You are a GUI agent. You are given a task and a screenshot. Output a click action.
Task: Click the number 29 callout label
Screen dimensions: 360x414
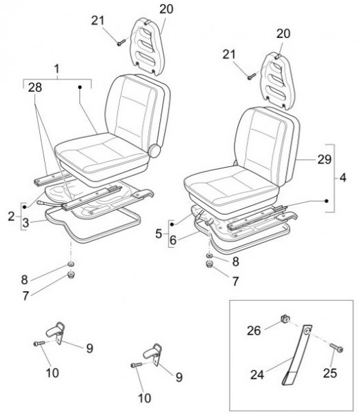click(x=324, y=159)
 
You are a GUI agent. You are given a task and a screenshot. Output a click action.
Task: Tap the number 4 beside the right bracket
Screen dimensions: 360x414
click(x=343, y=178)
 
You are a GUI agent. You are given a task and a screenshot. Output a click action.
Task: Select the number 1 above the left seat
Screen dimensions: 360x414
click(x=57, y=69)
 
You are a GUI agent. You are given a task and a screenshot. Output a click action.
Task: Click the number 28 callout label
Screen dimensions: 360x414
click(x=35, y=88)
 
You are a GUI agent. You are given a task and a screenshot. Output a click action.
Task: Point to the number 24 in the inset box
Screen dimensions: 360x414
click(x=257, y=375)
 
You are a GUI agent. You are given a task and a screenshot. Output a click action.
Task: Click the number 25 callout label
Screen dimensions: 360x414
click(x=330, y=373)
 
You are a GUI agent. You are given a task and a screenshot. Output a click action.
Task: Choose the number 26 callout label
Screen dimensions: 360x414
click(x=254, y=331)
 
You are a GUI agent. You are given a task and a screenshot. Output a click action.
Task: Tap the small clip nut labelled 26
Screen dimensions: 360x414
click(x=284, y=319)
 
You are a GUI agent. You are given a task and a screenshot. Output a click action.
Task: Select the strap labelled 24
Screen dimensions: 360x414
click(x=298, y=354)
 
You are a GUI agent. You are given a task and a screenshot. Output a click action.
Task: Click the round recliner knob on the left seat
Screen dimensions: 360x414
click(x=154, y=151)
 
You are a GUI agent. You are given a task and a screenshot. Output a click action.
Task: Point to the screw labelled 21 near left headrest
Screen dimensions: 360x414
click(x=121, y=43)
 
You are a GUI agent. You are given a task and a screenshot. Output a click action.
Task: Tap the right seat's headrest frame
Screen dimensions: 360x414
click(x=277, y=81)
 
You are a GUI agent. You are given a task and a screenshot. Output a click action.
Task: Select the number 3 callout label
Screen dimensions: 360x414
click(x=26, y=223)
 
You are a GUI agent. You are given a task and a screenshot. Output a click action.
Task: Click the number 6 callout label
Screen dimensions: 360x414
click(x=173, y=240)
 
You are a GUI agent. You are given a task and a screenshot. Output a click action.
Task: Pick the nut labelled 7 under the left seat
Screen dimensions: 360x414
click(x=71, y=275)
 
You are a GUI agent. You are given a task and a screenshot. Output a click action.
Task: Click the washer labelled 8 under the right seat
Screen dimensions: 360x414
click(x=210, y=256)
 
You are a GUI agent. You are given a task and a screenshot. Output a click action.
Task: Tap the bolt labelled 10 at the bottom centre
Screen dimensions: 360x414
click(x=137, y=365)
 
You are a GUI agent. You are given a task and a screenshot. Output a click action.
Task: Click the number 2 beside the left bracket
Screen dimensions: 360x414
click(x=11, y=217)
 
